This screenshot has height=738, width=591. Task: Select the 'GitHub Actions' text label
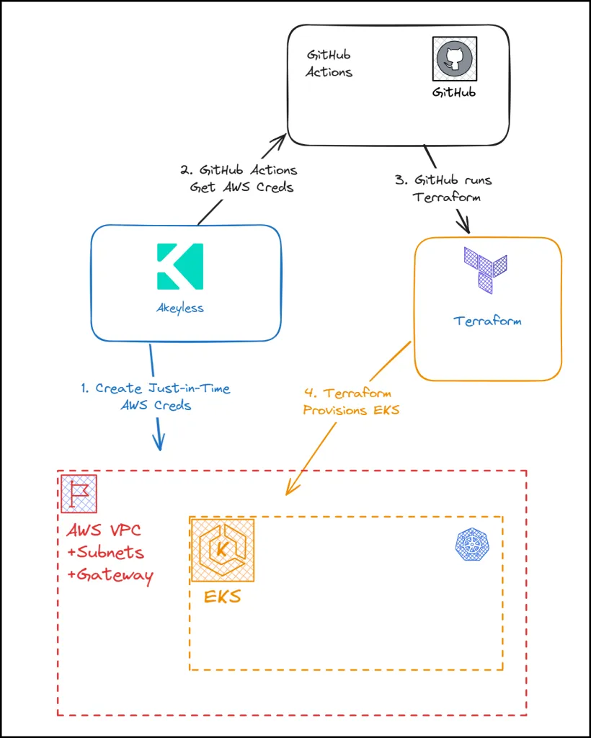pyautogui.click(x=329, y=63)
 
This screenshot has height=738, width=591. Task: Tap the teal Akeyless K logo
pyautogui.click(x=179, y=267)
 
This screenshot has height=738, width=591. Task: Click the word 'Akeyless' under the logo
pyautogui.click(x=179, y=308)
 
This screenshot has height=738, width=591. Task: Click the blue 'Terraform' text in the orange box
pyautogui.click(x=487, y=321)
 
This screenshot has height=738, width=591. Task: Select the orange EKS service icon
pyautogui.click(x=222, y=550)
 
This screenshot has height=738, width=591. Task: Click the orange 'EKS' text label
pyautogui.click(x=222, y=597)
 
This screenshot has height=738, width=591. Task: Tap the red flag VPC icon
pyautogui.click(x=79, y=494)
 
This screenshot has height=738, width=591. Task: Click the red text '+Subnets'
pyautogui.click(x=105, y=553)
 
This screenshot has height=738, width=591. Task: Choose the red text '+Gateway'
pyautogui.click(x=110, y=575)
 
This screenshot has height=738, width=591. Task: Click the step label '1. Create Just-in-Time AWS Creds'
pyautogui.click(x=156, y=396)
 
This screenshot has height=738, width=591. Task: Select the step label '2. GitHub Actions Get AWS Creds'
pyautogui.click(x=238, y=178)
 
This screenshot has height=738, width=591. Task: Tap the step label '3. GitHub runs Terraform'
pyautogui.click(x=443, y=188)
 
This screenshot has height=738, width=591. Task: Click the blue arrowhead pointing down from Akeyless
pyautogui.click(x=159, y=442)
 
